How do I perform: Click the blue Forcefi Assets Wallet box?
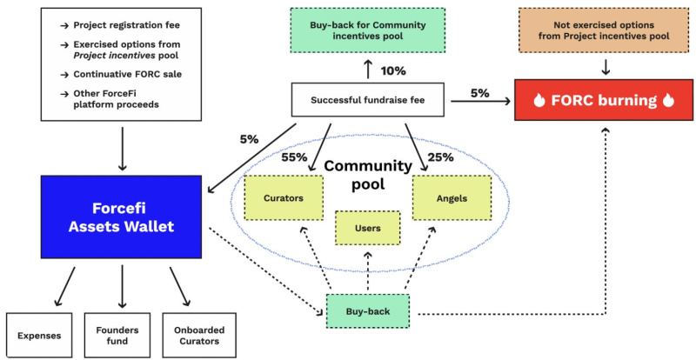(121, 217)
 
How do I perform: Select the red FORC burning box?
(604, 100)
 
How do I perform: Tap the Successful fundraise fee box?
(367, 100)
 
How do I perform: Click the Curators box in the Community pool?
(284, 198)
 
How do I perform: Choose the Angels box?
(452, 198)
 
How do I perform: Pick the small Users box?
(367, 228)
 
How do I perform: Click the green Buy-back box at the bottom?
(367, 311)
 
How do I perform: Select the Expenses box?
(39, 336)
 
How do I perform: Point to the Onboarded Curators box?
(199, 336)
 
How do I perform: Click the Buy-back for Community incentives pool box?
(367, 30)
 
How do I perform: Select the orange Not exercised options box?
(604, 30)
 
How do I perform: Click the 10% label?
(393, 70)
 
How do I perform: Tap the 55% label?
(294, 157)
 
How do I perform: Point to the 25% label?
(440, 157)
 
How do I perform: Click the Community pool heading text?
(368, 175)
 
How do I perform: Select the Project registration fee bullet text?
(126, 25)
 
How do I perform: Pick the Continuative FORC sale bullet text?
(127, 74)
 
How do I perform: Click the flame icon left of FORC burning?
(539, 101)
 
